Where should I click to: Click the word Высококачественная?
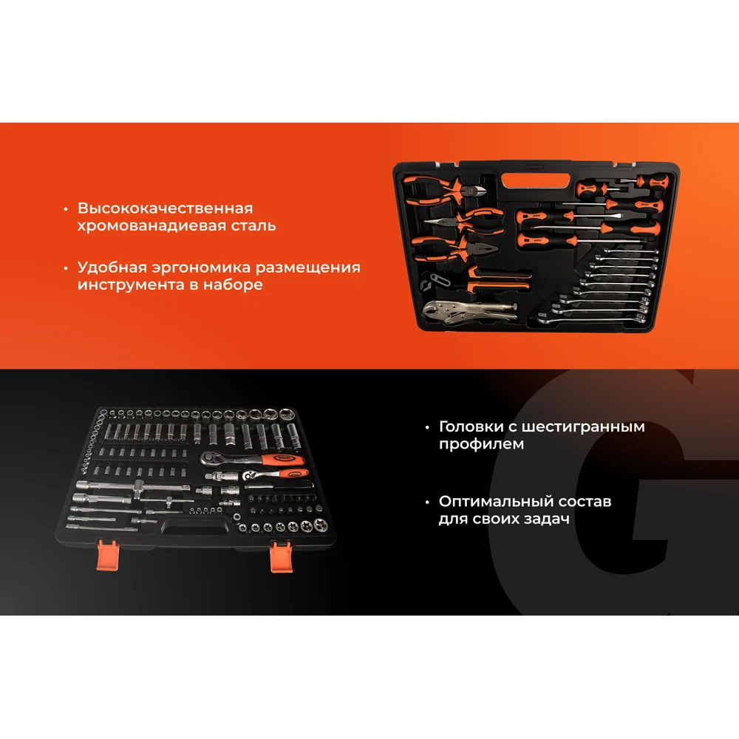coord(165,208)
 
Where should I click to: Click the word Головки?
coord(471,426)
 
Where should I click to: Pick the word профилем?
coord(481,444)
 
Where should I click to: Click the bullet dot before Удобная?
coord(66,268)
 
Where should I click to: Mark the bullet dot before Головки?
coord(427,427)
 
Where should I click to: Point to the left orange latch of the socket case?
coord(107,555)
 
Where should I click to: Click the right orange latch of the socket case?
coord(282,556)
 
